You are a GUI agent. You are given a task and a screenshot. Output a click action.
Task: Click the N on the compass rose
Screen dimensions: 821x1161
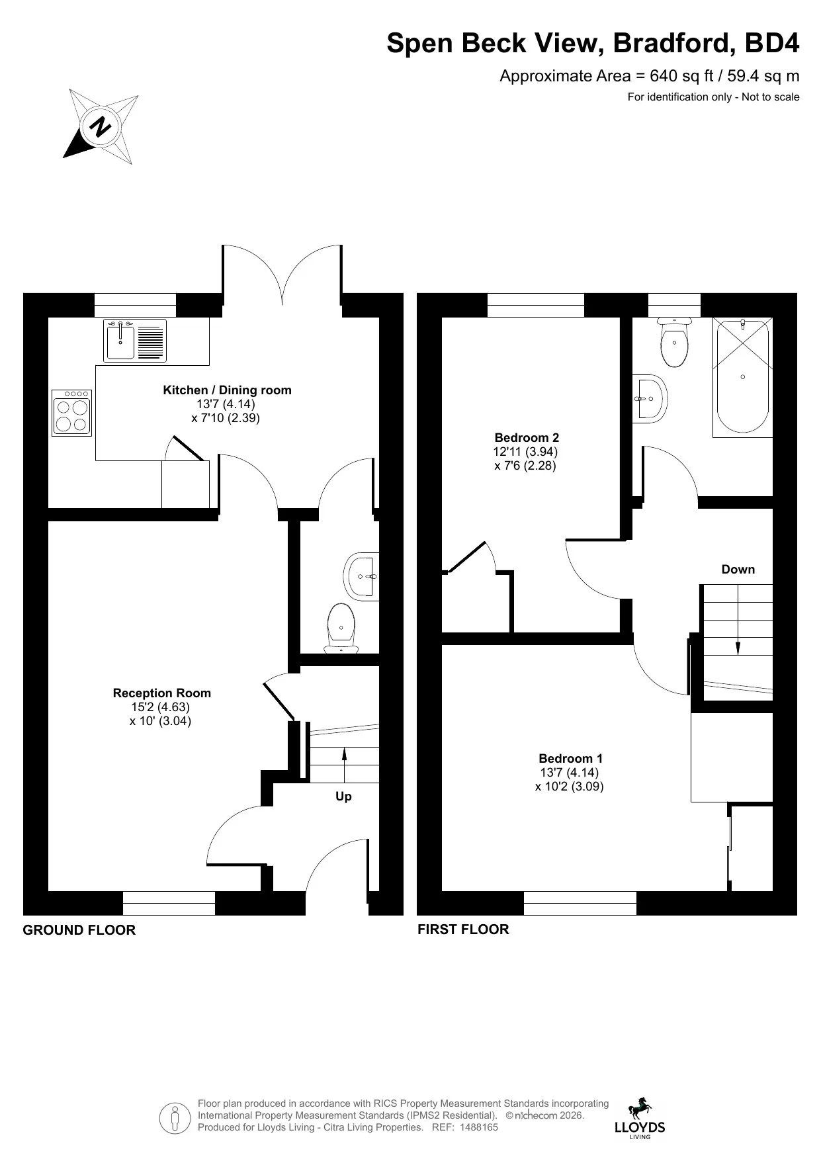point(101,126)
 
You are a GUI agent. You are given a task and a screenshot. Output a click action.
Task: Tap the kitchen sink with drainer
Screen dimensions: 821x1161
point(135,340)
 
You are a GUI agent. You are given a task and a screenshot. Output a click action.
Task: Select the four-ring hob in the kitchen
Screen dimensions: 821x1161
point(72,413)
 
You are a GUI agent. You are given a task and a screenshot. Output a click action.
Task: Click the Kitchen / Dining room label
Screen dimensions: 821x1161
point(227,390)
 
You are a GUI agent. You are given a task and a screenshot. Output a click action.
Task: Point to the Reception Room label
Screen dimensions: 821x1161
point(162,693)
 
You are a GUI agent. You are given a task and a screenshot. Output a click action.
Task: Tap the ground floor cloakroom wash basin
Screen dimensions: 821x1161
point(361,576)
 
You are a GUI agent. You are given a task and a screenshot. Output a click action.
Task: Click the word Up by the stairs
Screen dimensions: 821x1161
point(343,796)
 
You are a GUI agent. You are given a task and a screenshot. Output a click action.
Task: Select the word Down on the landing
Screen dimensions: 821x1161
point(738,570)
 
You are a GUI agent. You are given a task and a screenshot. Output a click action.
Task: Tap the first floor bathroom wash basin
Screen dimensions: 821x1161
point(650,399)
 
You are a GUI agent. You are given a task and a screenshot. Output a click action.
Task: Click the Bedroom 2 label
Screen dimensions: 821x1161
point(527,438)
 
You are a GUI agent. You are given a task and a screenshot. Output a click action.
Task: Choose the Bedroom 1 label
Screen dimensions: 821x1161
point(570,759)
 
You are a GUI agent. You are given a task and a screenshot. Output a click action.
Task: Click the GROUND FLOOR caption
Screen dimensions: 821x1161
point(79,930)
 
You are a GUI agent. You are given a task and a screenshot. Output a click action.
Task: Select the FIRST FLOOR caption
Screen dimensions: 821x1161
point(463,929)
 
